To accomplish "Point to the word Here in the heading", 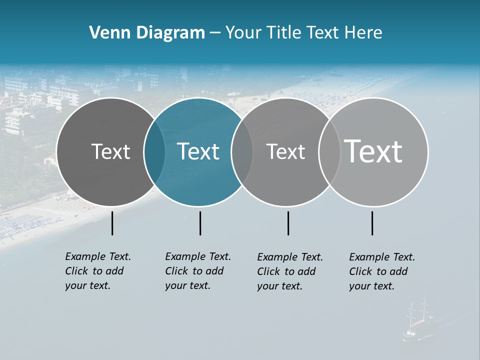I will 363,33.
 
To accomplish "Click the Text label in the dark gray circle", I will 110,151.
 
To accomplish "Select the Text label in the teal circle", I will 198,151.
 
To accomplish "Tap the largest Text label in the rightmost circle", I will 373,151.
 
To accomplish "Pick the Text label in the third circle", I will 285,151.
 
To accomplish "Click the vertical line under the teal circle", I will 200,223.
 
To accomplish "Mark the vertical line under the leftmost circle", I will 112,223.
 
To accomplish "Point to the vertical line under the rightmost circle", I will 372,223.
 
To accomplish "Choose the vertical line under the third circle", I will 288,223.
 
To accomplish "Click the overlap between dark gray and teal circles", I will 154,152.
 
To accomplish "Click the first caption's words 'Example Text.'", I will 98,256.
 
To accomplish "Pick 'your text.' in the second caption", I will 187,285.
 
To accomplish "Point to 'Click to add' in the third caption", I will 286,271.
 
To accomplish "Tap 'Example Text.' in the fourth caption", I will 382,257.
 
